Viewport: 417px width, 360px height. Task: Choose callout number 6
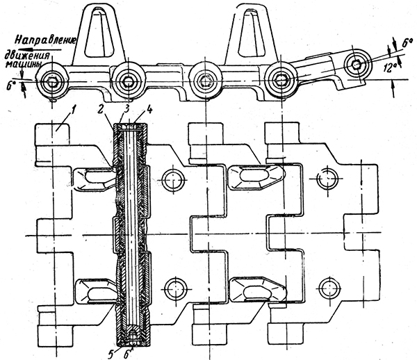(x=133, y=352)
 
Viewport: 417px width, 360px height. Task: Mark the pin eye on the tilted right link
(x=356, y=64)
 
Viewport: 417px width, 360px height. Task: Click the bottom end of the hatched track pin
(x=129, y=340)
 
